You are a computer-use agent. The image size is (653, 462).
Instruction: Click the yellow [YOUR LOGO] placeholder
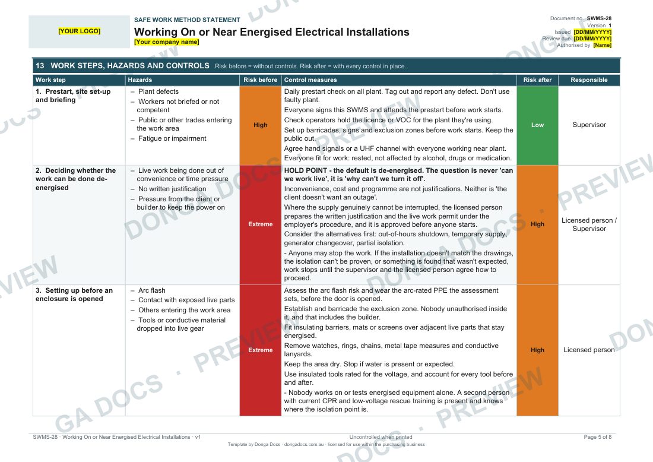coord(79,31)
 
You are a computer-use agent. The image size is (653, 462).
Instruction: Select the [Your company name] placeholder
coord(167,42)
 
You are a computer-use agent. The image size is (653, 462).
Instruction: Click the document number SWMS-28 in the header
coord(600,18)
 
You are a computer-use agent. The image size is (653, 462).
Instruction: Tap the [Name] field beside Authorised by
coord(602,45)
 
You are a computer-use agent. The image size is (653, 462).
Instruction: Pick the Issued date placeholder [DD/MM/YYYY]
coord(592,32)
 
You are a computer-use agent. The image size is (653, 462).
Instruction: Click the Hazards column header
coord(140,80)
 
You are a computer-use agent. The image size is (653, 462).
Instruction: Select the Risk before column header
coord(260,80)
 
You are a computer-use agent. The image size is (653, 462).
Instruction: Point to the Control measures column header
coord(310,80)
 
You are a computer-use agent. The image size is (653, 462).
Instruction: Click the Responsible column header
coord(589,80)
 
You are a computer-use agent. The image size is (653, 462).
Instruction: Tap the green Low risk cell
coord(537,125)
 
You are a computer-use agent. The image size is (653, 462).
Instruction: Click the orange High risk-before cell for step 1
coord(260,125)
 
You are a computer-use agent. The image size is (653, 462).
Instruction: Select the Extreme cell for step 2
coord(260,224)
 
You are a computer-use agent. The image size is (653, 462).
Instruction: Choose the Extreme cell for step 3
coord(260,350)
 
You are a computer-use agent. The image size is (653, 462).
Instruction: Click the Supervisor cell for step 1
coord(589,125)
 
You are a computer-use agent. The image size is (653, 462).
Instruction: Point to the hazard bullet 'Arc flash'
coord(151,290)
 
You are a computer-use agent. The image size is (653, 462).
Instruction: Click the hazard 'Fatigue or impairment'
coord(172,138)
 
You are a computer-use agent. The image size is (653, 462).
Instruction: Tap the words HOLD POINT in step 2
coord(306,170)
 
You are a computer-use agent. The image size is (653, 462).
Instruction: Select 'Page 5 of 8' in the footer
coord(598,437)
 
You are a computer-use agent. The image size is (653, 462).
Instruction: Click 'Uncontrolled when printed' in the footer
coord(381,437)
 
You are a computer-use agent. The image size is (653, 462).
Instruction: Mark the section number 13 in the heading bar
coord(40,66)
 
